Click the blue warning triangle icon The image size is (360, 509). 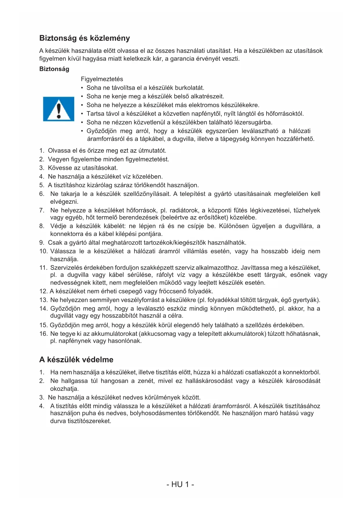coord(59,109)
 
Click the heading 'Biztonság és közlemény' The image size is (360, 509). coord(84,38)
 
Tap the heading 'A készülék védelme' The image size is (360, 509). coord(76,360)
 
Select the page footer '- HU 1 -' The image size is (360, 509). coord(180,484)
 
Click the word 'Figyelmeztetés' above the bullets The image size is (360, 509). coord(102,79)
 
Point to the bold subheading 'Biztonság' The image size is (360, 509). coord(54,69)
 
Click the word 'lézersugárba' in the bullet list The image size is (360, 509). coord(253,122)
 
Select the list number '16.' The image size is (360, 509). coord(44,334)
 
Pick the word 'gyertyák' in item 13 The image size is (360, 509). coord(308,300)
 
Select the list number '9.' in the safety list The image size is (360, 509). coord(42,243)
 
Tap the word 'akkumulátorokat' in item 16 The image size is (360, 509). coord(115,334)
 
